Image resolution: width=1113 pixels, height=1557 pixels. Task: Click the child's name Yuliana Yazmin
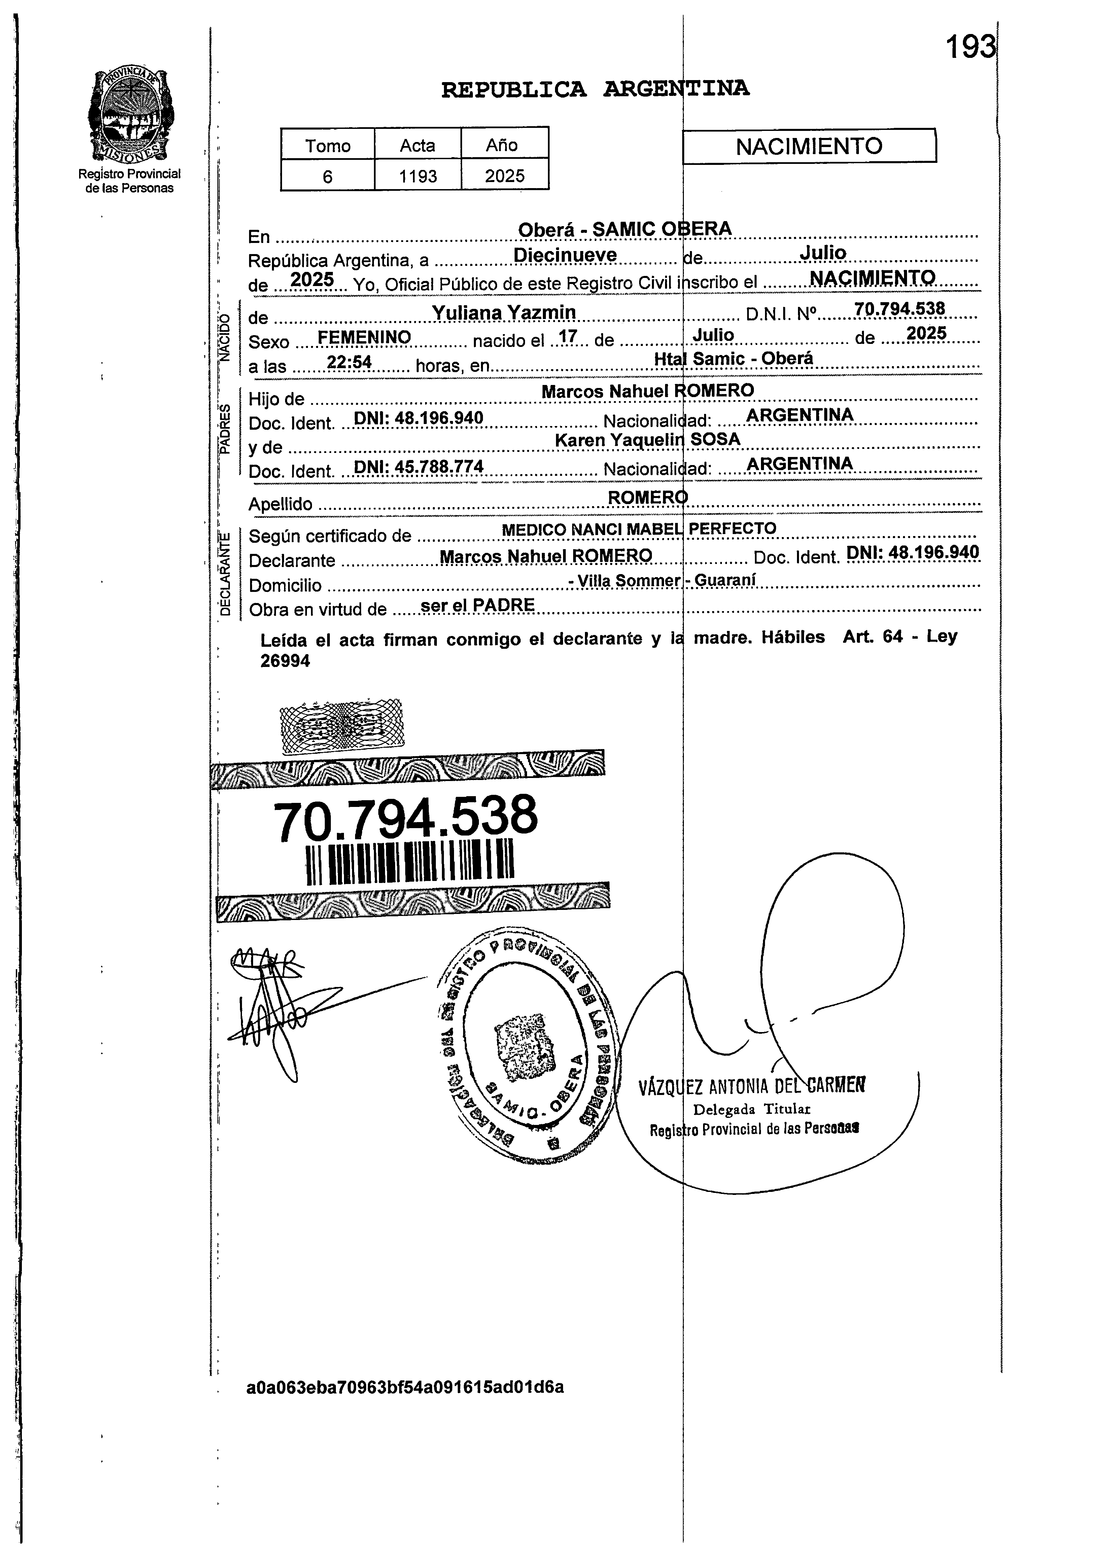[504, 313]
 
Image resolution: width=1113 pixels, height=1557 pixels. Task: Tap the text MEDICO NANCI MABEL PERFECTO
[639, 529]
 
